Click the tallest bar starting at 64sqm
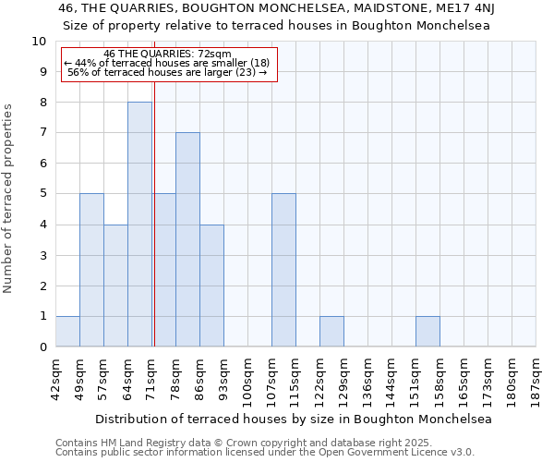point(139,225)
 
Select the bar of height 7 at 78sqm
point(187,239)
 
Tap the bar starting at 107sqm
point(283,270)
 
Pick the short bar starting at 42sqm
point(67,331)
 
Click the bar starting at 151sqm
point(428,331)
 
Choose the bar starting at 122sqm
point(331,331)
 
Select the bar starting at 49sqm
point(91,270)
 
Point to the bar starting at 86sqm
point(211,286)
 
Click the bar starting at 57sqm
point(115,286)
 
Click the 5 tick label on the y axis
point(42,194)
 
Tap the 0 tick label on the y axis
point(42,346)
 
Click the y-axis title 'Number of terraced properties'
point(8,199)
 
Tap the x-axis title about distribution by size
point(294,419)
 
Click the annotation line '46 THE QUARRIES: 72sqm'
point(168,55)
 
